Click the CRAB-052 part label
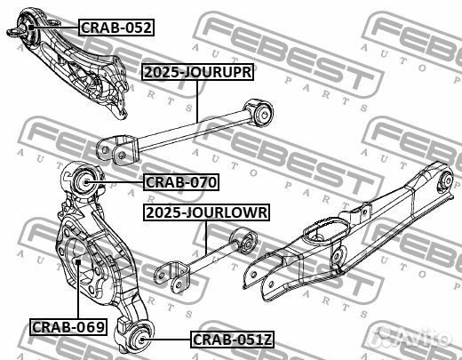[x=116, y=28]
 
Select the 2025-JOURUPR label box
[x=198, y=72]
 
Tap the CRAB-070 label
[x=181, y=182]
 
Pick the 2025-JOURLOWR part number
[x=207, y=212]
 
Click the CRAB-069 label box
[x=68, y=327]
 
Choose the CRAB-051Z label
[x=232, y=340]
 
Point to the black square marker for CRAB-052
[x=31, y=28]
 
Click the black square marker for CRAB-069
[x=78, y=262]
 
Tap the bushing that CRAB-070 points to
[x=85, y=182]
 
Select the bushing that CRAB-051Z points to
[x=141, y=340]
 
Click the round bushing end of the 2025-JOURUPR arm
[x=264, y=114]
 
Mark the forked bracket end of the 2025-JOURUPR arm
[x=117, y=149]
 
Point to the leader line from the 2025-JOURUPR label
[x=197, y=101]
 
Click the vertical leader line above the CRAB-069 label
[x=78, y=292]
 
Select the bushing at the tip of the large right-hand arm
[x=447, y=180]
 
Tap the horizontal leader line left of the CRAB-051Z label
[x=168, y=340]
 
